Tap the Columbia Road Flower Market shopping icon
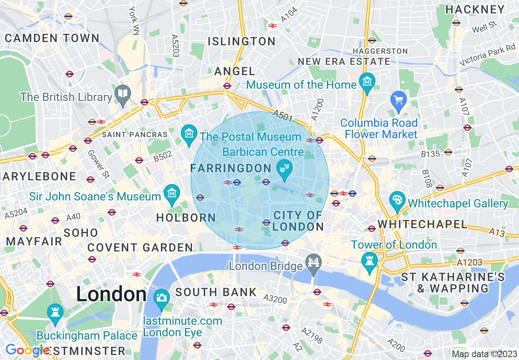pyautogui.click(x=398, y=100)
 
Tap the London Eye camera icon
pyautogui.click(x=162, y=297)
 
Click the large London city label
pyautogui.click(x=111, y=295)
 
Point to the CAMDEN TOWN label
pyautogui.click(x=52, y=38)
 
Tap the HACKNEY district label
pyautogui.click(x=475, y=9)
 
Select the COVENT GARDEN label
pyautogui.click(x=140, y=248)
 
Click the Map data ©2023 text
pyautogui.click(x=485, y=354)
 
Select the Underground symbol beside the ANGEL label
pyautogui.click(x=227, y=86)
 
